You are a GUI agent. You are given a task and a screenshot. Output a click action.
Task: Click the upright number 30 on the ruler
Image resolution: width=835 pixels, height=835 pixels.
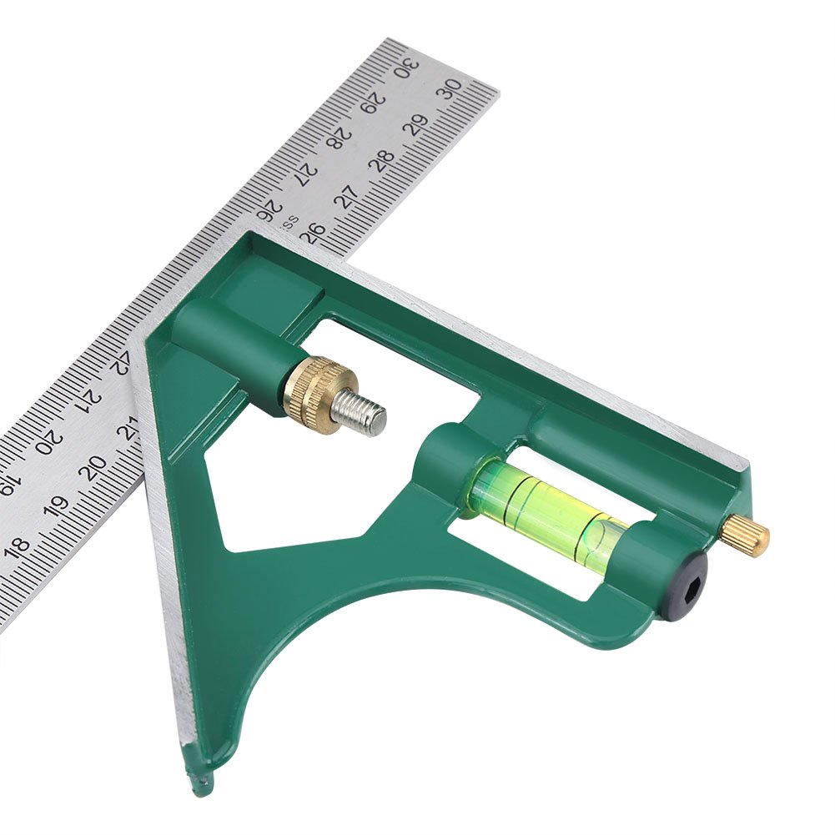pyautogui.click(x=453, y=88)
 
